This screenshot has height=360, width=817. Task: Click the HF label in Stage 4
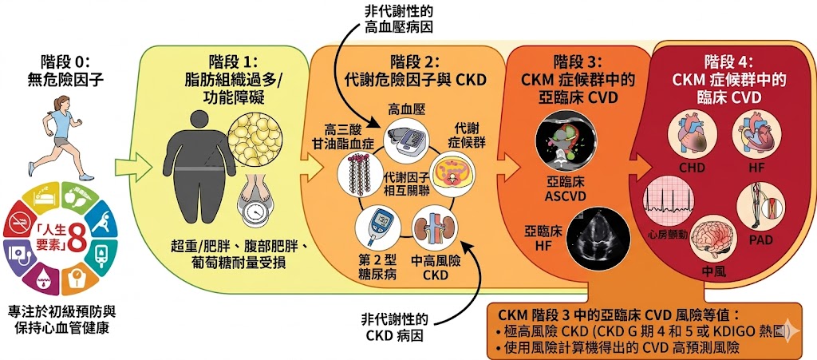(756, 169)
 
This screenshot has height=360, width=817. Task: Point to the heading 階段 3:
(580, 61)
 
